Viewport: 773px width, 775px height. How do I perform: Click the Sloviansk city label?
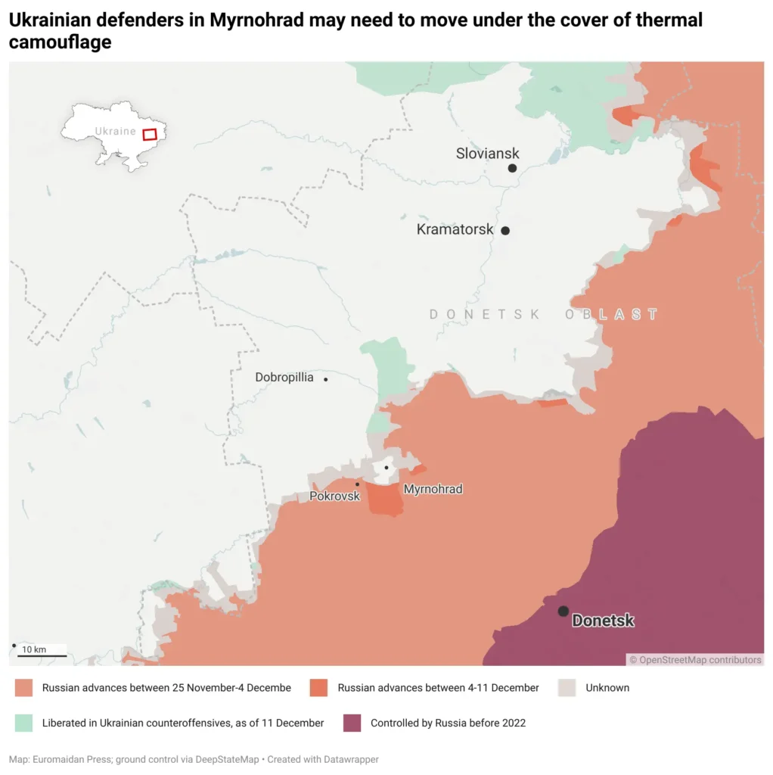(x=487, y=154)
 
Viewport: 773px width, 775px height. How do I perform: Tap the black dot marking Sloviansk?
(x=512, y=168)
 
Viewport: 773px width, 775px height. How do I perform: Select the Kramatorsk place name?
(x=455, y=229)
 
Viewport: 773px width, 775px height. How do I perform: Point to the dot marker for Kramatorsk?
(x=505, y=231)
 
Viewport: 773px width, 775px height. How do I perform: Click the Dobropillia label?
(x=284, y=377)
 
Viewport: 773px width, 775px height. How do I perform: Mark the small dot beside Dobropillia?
(x=326, y=379)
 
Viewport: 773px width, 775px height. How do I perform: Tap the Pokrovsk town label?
(x=334, y=496)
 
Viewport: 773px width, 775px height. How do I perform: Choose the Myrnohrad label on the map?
(x=433, y=489)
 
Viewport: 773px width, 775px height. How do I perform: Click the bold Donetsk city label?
(x=603, y=621)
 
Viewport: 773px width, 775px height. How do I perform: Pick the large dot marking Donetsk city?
(x=563, y=611)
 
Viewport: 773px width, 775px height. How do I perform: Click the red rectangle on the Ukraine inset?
(x=150, y=134)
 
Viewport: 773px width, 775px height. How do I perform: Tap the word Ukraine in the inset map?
(x=115, y=131)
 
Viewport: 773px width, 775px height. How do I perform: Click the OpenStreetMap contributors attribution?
(x=695, y=660)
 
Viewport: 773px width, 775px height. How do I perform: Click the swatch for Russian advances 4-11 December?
(x=318, y=688)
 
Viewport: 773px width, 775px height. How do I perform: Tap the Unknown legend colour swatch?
(x=567, y=688)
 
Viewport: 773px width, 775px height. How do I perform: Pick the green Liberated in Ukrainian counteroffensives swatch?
(x=23, y=723)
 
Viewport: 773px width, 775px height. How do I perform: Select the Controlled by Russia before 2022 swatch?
(x=352, y=723)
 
